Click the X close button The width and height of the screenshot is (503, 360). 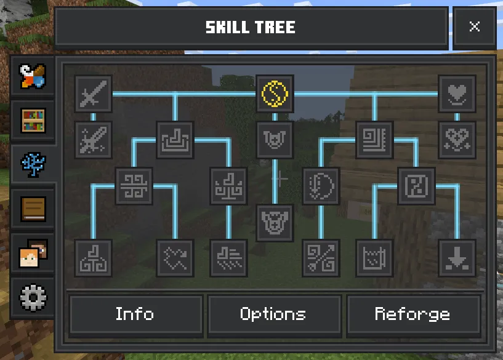click(475, 26)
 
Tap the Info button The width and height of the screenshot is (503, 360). click(135, 314)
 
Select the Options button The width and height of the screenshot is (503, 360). click(273, 314)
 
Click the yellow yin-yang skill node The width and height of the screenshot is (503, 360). click(275, 94)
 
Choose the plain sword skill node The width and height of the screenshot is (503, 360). click(94, 94)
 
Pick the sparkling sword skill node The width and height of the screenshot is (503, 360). click(94, 140)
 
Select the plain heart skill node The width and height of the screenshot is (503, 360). click(457, 94)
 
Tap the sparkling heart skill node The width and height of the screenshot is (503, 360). click(457, 140)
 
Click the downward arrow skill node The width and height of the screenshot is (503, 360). click(457, 258)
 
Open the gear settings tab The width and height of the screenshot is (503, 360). click(33, 298)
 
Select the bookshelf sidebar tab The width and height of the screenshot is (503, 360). click(33, 121)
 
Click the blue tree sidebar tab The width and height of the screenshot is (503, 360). click(33, 164)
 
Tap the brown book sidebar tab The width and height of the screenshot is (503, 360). click(33, 209)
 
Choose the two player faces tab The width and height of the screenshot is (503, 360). click(33, 254)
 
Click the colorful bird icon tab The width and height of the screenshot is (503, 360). click(33, 76)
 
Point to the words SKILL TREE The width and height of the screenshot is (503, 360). click(250, 27)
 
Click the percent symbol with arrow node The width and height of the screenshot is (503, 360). click(321, 258)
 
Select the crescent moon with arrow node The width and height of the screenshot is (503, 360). click(321, 186)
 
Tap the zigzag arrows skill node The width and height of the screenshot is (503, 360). click(175, 258)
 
